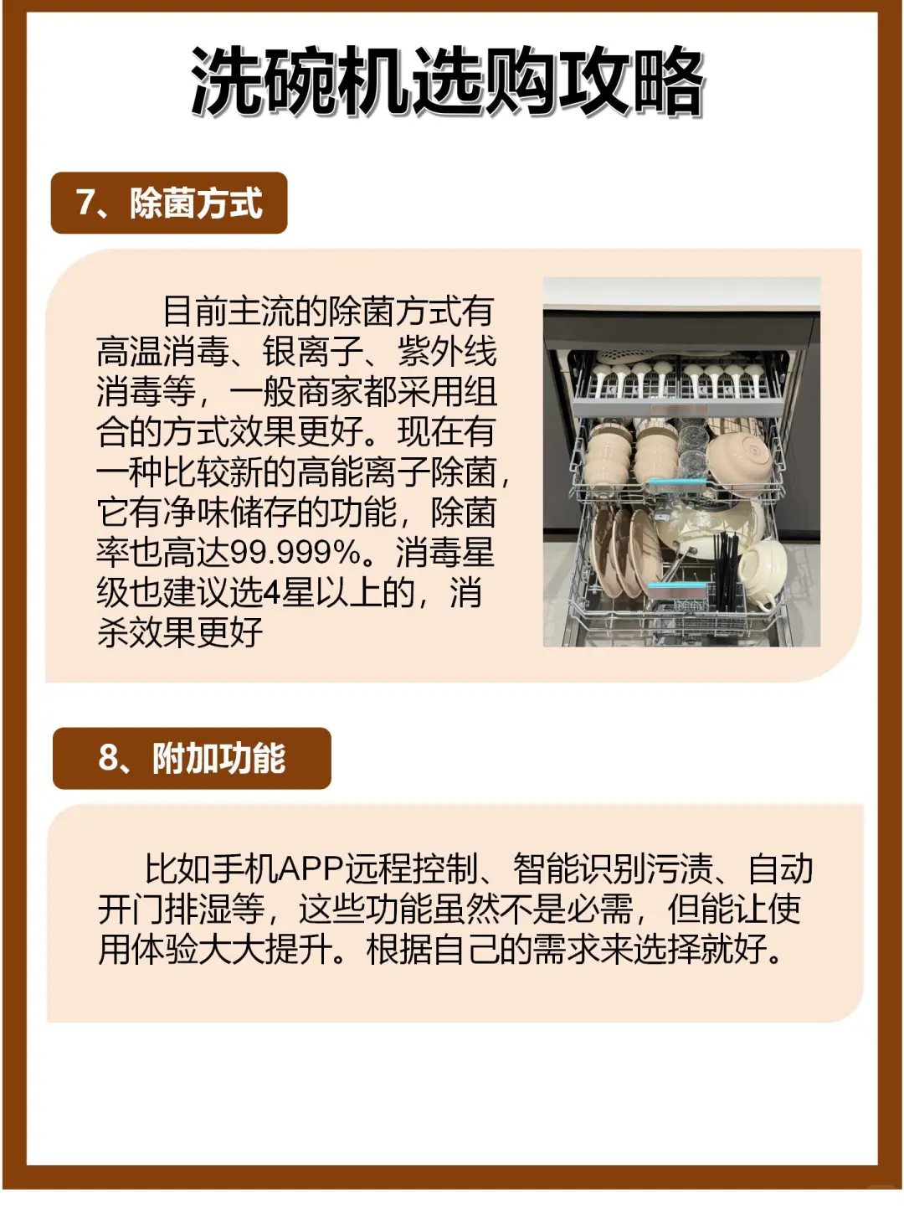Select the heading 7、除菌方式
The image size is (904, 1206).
(x=169, y=203)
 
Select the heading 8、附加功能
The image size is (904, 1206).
(x=192, y=758)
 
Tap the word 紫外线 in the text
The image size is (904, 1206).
(x=447, y=351)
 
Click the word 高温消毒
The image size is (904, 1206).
(x=162, y=351)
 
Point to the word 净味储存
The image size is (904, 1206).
(x=229, y=512)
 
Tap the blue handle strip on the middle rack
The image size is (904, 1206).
(x=677, y=482)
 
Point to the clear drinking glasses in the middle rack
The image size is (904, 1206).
(x=693, y=451)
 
